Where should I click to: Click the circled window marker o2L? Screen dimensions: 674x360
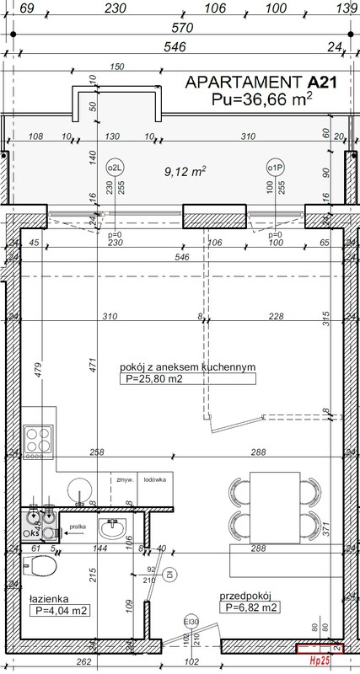coord(114,166)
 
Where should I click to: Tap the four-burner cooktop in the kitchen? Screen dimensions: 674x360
coord(39,440)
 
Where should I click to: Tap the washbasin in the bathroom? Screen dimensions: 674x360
coord(113,529)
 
